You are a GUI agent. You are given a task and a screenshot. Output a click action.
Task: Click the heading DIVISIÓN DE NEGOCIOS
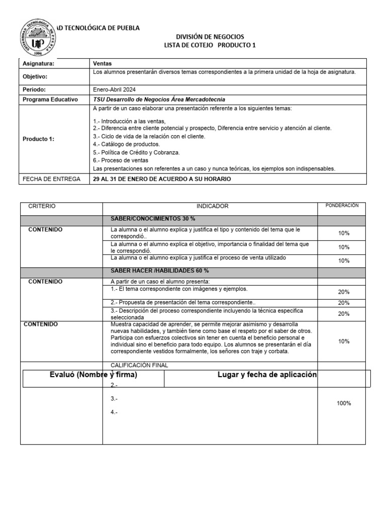210,37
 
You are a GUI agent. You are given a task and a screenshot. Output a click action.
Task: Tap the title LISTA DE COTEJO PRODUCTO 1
210,45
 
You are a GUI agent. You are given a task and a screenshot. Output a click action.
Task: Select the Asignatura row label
39,64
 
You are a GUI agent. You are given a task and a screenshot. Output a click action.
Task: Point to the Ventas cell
103,64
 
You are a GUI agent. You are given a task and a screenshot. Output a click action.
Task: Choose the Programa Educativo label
50,100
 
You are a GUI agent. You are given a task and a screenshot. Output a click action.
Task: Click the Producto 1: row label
38,139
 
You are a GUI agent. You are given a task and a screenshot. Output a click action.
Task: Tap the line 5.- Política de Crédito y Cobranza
136,152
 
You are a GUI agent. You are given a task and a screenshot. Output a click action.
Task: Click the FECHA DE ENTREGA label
49,179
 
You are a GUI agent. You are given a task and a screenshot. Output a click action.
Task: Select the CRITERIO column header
42,206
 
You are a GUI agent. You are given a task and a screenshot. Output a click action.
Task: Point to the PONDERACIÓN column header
342,205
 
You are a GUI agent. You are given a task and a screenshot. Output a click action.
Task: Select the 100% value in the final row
344,403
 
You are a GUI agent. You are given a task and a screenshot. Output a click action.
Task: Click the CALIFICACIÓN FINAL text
139,365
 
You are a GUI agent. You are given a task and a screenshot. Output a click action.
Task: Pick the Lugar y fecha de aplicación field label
267,375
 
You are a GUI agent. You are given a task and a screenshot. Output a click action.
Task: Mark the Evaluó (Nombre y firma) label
93,375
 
